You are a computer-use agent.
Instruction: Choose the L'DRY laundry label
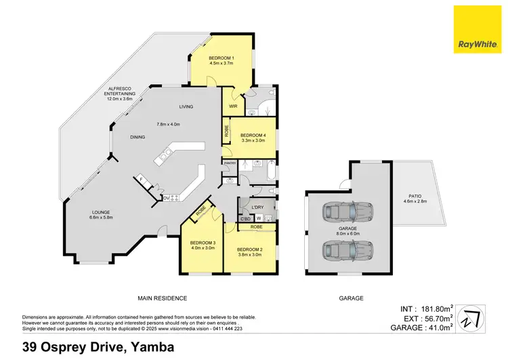[257, 205]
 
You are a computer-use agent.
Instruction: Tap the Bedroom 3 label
[202, 245]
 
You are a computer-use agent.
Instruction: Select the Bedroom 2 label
[250, 252]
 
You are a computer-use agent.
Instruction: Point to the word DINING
[138, 138]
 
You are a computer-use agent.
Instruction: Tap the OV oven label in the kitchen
[167, 198]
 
